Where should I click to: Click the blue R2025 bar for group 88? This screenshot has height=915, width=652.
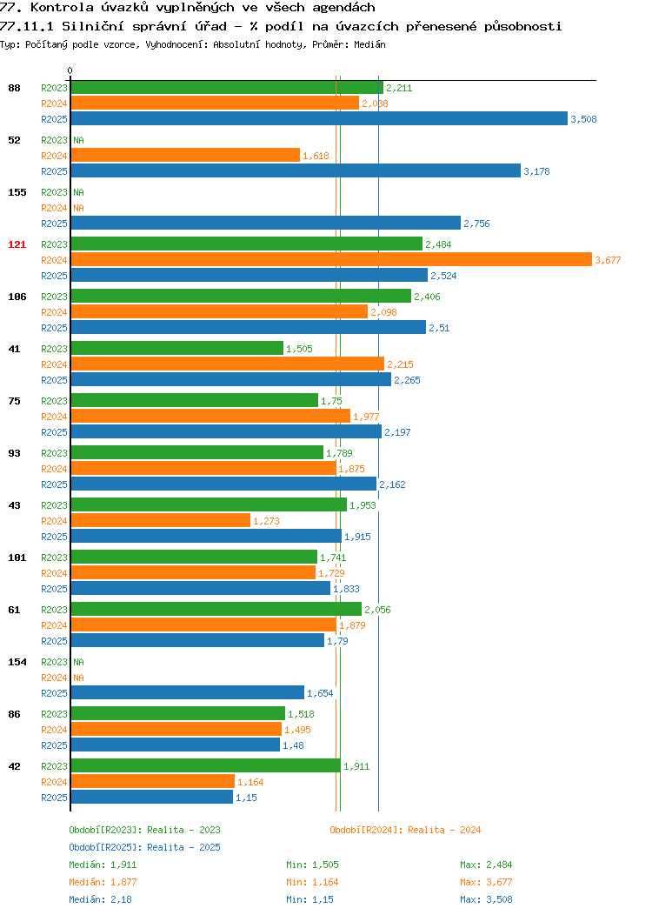[x=319, y=118]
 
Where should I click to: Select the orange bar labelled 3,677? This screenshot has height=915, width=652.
[x=331, y=260]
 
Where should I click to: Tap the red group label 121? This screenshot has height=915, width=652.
[x=17, y=244]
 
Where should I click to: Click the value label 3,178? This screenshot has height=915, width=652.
[x=536, y=171]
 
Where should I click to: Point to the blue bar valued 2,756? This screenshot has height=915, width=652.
[x=266, y=223]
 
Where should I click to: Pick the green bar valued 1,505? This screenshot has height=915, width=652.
[x=177, y=349]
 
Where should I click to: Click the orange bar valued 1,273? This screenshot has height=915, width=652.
[x=160, y=520]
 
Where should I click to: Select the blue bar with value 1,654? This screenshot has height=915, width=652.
[x=188, y=692]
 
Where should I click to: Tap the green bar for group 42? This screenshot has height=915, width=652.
[x=206, y=765]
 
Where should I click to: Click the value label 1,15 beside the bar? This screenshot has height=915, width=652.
[x=246, y=798]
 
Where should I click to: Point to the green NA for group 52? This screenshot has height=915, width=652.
[x=79, y=140]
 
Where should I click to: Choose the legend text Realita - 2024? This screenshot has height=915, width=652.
[x=444, y=830]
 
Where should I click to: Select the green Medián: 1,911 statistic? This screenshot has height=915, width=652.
[x=103, y=865]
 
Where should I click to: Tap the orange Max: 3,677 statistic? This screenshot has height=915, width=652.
[x=486, y=882]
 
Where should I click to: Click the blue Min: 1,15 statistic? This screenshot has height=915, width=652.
[x=309, y=900]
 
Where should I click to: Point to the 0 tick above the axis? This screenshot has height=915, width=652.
[x=70, y=70]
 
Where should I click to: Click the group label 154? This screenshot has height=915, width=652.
[x=17, y=662]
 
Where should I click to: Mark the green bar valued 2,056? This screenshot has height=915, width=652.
[x=216, y=609]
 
